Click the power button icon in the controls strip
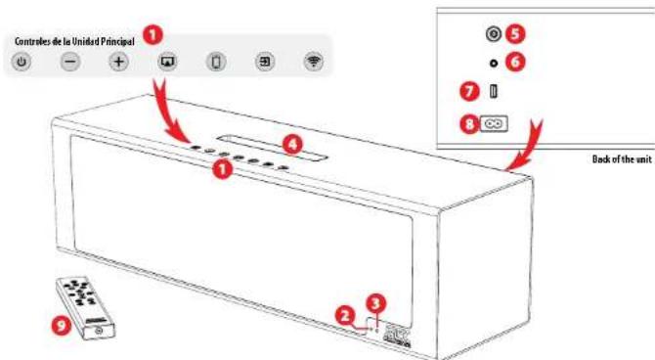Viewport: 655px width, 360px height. [22, 62]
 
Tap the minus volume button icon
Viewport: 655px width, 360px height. [70, 62]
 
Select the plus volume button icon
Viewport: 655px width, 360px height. [118, 62]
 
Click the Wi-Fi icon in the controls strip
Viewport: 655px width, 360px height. [314, 62]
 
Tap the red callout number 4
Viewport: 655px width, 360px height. [290, 142]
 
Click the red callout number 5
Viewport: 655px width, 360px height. [517, 33]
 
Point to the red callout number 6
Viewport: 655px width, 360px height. [517, 61]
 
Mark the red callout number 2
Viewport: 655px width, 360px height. [344, 315]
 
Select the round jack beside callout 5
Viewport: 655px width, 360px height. [494, 34]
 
